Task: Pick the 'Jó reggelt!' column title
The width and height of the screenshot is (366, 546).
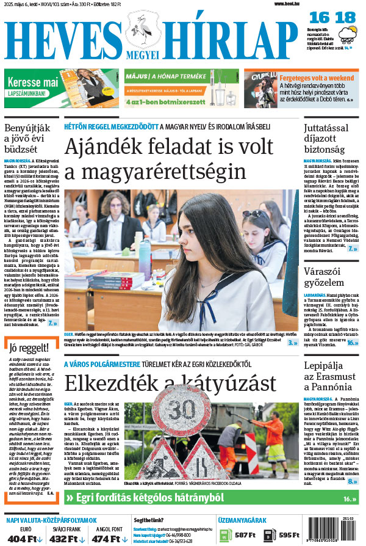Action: point(29,365)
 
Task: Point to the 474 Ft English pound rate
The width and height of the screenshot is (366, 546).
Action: point(105,539)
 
